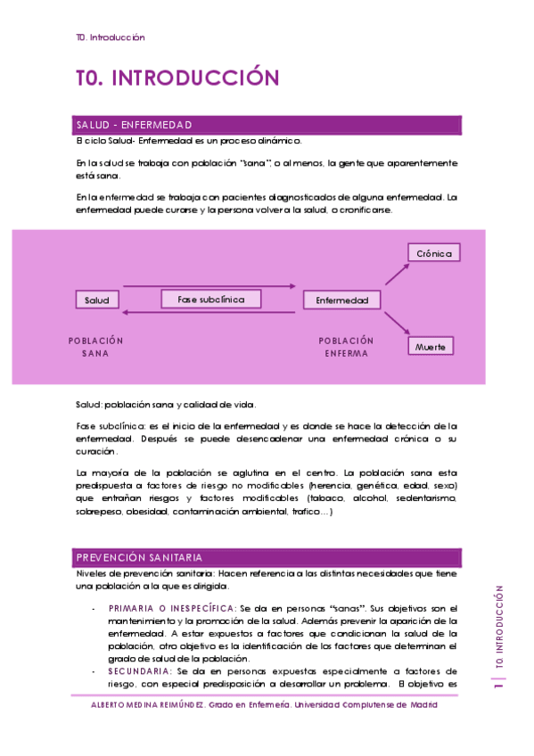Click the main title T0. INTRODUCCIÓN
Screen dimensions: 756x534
[x=177, y=78]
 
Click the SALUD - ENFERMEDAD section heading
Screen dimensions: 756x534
[x=134, y=125]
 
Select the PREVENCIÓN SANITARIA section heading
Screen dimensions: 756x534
[x=138, y=557]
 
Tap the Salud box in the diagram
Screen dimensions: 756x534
[x=96, y=300]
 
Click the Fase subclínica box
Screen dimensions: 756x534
[x=211, y=300]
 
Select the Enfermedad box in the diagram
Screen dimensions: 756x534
[x=341, y=300]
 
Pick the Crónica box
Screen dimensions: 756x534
[x=434, y=253]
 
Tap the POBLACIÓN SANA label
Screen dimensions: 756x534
[x=96, y=346]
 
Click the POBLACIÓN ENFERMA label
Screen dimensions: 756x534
[x=346, y=346]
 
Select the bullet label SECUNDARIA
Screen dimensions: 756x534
[x=140, y=670]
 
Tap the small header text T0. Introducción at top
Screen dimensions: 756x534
[x=111, y=37]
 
